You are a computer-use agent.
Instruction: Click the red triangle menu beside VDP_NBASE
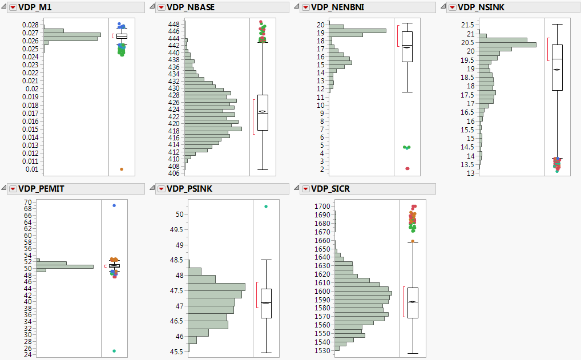pos(160,7)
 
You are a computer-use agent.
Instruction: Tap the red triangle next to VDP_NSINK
pos(453,7)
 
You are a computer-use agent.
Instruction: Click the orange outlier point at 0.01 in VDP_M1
pos(122,169)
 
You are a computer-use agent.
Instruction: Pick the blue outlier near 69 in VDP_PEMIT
pos(114,205)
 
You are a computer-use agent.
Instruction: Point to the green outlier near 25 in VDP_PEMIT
pos(114,351)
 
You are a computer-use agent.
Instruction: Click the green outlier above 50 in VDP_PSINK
pos(266,207)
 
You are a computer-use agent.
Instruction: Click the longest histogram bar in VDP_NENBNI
pos(358,31)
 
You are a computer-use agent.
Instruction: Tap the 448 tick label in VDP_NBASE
pos(174,25)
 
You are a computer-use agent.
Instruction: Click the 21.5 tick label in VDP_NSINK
pos(467,25)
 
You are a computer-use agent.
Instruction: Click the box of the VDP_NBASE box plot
pos(263,112)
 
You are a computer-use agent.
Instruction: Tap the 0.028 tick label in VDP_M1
pos(31,25)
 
